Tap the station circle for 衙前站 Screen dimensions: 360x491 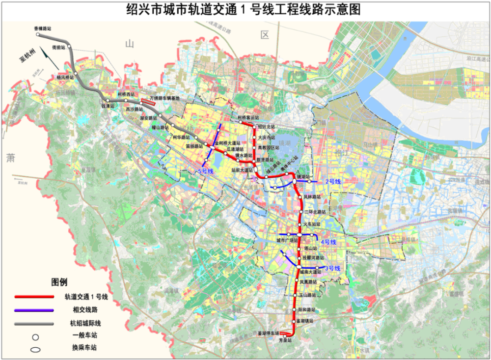click(69, 46)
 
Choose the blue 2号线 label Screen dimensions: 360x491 click(332, 182)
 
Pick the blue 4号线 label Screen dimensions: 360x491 click(328, 242)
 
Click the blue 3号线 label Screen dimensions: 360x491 click(332, 268)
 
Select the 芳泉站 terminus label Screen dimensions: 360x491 click(285, 339)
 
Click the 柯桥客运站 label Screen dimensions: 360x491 click(248, 118)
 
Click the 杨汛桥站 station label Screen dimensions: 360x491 click(65, 78)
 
